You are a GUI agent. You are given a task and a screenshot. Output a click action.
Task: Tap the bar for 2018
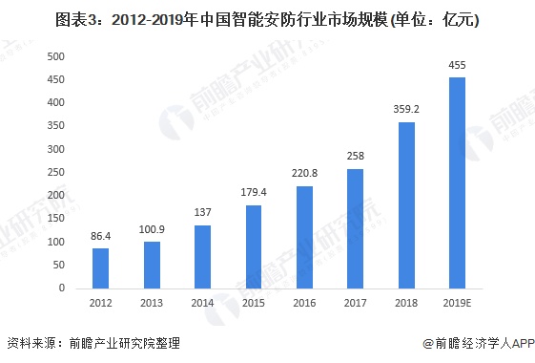click(406, 204)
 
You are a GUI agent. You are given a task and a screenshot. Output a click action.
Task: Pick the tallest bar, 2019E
click(457, 182)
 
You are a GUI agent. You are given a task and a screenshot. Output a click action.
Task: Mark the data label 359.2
click(406, 109)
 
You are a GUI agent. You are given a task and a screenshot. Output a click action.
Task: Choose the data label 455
click(457, 64)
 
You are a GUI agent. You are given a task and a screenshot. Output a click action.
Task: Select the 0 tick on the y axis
click(61, 288)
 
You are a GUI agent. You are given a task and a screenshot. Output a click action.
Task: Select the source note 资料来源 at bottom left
click(93, 343)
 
